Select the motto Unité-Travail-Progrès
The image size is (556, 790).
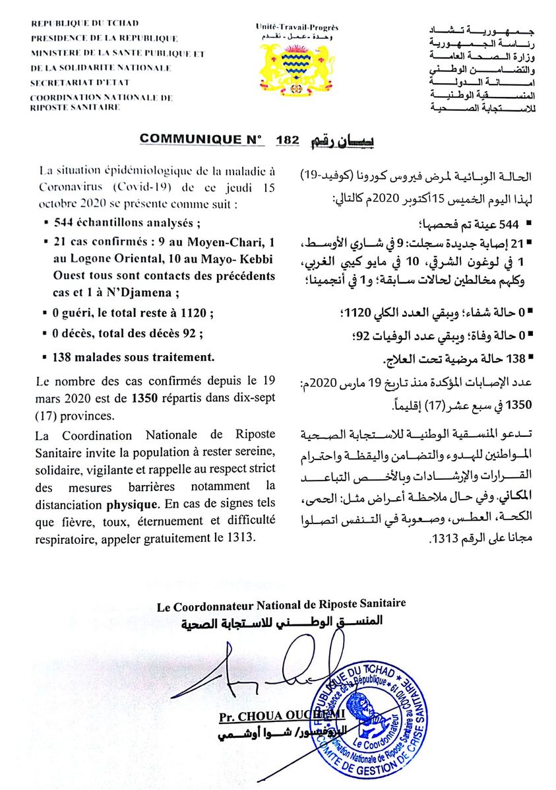[x=297, y=27]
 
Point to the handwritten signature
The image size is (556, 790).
[x=277, y=673]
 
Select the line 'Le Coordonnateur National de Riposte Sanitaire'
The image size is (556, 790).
[x=280, y=604]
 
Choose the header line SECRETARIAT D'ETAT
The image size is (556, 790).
[x=80, y=82]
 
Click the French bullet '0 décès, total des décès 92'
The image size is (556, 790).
[x=125, y=333]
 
